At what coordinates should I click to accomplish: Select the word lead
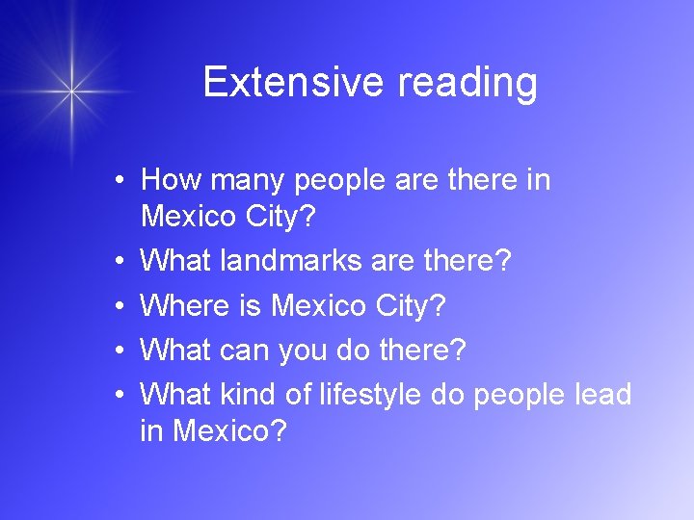click(602, 394)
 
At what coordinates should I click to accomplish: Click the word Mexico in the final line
click(227, 430)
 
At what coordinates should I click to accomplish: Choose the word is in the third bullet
click(249, 305)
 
